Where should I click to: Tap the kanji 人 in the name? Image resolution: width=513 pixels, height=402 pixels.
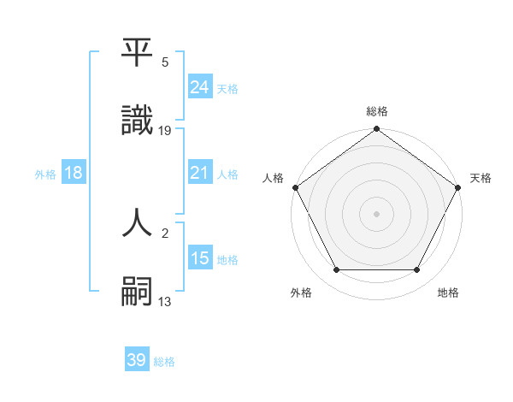(137, 222)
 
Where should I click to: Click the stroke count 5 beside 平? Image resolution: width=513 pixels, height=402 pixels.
(165, 62)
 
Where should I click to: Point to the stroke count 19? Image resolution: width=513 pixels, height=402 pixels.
(166, 130)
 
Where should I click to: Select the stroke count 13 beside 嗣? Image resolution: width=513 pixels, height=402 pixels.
(166, 300)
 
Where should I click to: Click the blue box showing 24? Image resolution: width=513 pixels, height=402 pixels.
(199, 87)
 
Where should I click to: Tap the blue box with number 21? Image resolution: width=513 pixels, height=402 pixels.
(199, 173)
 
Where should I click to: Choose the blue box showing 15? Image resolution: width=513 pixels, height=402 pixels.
(199, 258)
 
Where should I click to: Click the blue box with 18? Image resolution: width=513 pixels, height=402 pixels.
(74, 173)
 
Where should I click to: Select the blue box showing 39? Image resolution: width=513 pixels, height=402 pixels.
(136, 361)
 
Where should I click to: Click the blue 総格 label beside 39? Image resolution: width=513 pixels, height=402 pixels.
(165, 362)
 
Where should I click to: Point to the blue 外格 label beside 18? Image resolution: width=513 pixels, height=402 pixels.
(45, 174)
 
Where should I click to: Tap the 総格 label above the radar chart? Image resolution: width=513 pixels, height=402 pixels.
(377, 111)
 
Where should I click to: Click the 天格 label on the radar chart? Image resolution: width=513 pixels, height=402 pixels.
(481, 178)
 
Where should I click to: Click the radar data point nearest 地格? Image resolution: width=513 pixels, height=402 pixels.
(417, 270)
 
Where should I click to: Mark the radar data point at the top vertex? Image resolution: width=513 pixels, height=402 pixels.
(377, 130)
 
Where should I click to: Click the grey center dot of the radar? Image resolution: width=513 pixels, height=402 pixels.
(377, 214)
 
